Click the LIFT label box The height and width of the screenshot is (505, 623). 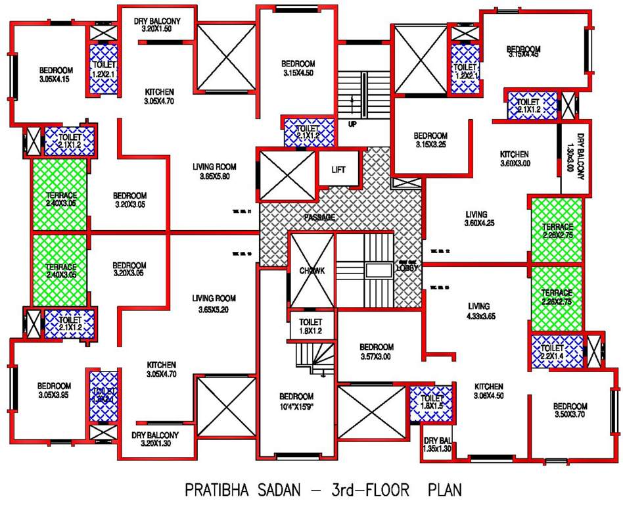(x=339, y=170)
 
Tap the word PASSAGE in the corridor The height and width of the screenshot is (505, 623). (x=319, y=217)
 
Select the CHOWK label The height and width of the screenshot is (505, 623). (x=313, y=270)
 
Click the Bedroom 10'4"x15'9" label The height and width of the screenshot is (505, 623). (x=296, y=402)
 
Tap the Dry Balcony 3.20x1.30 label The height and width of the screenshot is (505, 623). (x=155, y=439)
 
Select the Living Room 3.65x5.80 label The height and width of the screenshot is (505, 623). (x=214, y=171)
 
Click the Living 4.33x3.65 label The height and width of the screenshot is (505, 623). (x=478, y=311)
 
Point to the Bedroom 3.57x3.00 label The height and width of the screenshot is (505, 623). (x=377, y=352)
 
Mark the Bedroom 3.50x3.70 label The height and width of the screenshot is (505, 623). (x=570, y=411)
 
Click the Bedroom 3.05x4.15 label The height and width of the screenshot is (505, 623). (x=55, y=75)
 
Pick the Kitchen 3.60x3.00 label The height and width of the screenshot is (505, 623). (x=514, y=158)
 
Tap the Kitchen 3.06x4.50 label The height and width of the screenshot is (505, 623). (x=490, y=391)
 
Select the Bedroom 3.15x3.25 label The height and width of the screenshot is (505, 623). (x=431, y=139)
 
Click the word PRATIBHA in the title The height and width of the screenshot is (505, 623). (x=222, y=490)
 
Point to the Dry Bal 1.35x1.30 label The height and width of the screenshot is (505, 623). (x=437, y=445)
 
